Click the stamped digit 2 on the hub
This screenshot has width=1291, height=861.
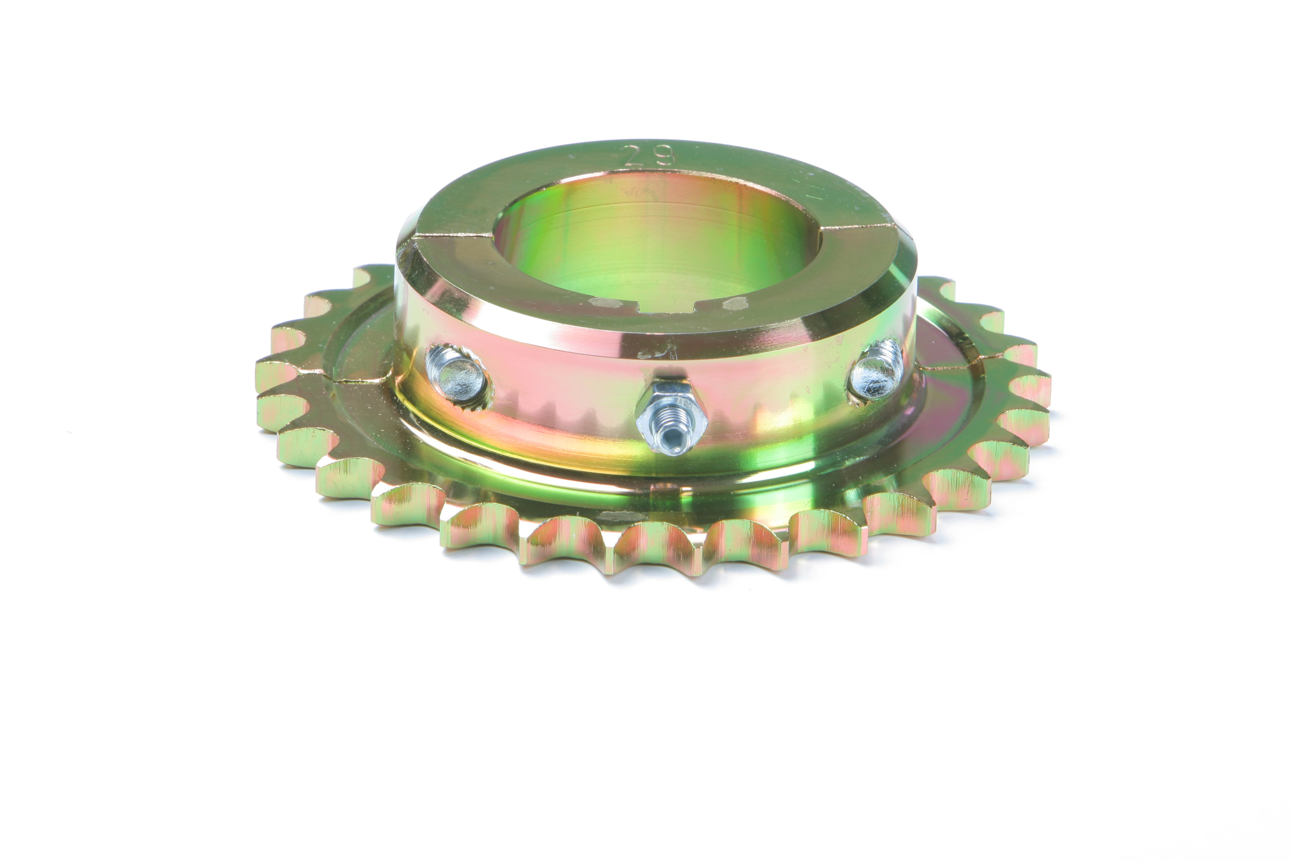[x=635, y=157]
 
